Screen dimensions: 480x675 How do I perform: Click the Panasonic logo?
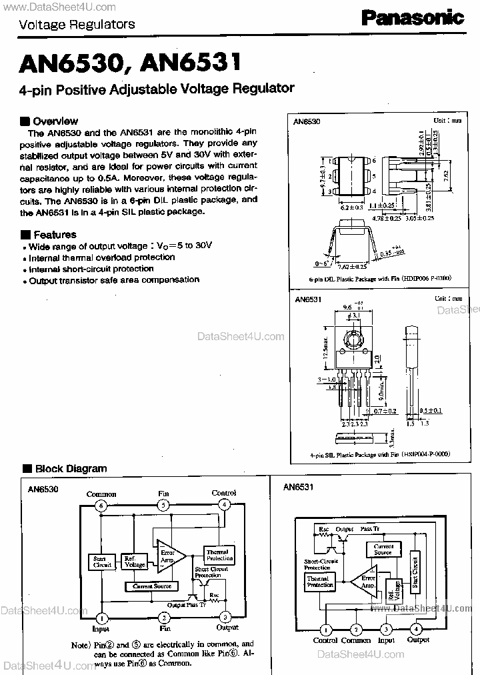[414, 17]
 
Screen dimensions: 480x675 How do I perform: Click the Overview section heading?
[55, 121]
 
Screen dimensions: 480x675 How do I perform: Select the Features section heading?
[55, 235]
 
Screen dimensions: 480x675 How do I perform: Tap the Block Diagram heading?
[71, 469]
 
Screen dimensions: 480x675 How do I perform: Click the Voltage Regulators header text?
[77, 25]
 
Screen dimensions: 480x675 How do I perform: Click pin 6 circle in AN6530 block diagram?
[101, 505]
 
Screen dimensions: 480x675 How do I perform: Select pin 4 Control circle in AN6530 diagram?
[225, 505]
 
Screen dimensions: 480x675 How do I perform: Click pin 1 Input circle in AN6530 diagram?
[101, 617]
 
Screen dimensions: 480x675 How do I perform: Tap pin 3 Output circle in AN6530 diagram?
[225, 617]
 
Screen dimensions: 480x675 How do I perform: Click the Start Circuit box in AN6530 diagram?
[102, 562]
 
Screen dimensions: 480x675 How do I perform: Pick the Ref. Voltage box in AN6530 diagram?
[134, 562]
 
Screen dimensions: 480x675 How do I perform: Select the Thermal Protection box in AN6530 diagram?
[217, 556]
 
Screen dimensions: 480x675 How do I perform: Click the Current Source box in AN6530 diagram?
[152, 586]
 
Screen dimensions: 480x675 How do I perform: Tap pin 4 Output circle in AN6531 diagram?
[417, 629]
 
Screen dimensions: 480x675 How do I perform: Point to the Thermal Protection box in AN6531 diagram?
[319, 582]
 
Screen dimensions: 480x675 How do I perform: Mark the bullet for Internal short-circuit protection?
[25, 270]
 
